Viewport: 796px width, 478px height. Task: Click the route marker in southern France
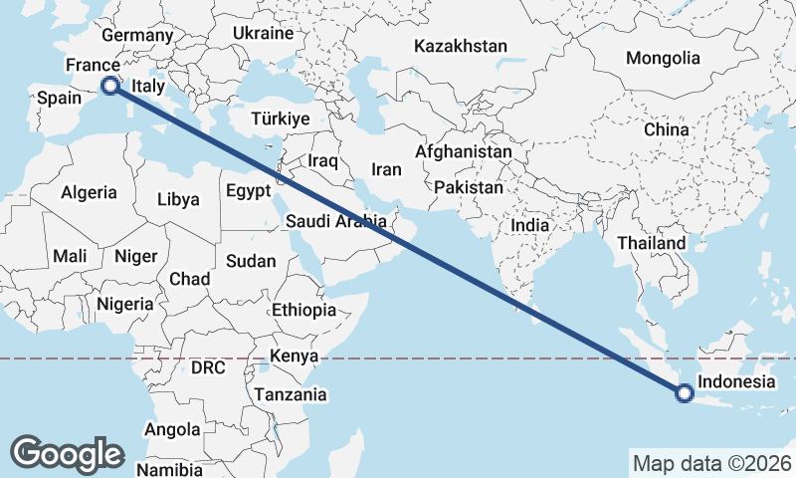click(x=109, y=86)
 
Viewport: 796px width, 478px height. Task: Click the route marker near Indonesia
click(x=685, y=393)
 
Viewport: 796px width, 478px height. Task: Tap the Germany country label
click(x=137, y=35)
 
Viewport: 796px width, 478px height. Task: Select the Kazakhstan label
click(x=461, y=46)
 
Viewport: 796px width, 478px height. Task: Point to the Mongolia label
click(x=663, y=58)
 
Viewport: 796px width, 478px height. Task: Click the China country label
click(x=666, y=129)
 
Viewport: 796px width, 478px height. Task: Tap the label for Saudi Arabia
click(x=335, y=221)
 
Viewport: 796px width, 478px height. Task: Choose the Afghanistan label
click(x=464, y=152)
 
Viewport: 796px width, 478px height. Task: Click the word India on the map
click(x=530, y=225)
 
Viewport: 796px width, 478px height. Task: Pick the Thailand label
click(x=652, y=243)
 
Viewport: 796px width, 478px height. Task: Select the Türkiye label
click(x=281, y=118)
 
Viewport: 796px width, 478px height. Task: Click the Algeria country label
click(x=89, y=192)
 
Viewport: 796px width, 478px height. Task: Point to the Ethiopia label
click(x=303, y=310)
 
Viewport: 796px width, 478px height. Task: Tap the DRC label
click(x=208, y=367)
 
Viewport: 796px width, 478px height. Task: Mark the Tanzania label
click(x=290, y=394)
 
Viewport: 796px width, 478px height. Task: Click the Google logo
click(x=67, y=453)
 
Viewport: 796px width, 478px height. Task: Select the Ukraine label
click(x=263, y=33)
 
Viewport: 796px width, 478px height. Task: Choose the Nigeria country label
click(x=125, y=303)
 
